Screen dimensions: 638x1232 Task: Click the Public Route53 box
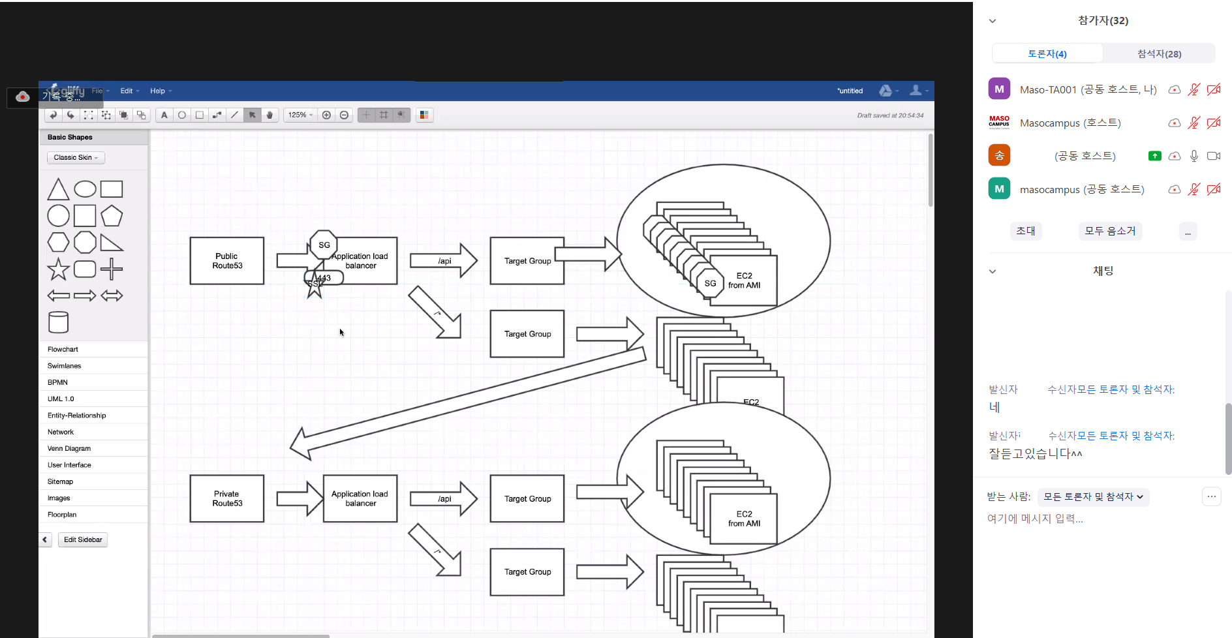point(226,261)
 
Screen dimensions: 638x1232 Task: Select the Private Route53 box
point(226,498)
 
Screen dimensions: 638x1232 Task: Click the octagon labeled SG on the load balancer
point(324,245)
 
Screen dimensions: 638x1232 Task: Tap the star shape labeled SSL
point(314,288)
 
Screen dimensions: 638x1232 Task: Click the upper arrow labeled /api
point(444,261)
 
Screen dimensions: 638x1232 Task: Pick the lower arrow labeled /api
point(444,499)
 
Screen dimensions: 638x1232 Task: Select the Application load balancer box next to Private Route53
point(360,498)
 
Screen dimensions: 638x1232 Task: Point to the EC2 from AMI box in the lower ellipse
point(744,519)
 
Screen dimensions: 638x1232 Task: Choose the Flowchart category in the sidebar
point(63,350)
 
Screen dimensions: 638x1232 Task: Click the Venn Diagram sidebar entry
point(69,449)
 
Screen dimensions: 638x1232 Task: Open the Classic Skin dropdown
point(76,158)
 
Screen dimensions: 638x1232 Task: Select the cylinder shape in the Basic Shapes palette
point(58,322)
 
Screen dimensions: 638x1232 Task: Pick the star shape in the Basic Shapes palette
point(58,269)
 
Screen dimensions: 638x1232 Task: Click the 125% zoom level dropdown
point(301,115)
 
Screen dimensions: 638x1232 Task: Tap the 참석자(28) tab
point(1159,54)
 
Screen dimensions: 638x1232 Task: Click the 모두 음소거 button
point(1110,231)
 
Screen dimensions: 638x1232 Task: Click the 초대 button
point(1025,231)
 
